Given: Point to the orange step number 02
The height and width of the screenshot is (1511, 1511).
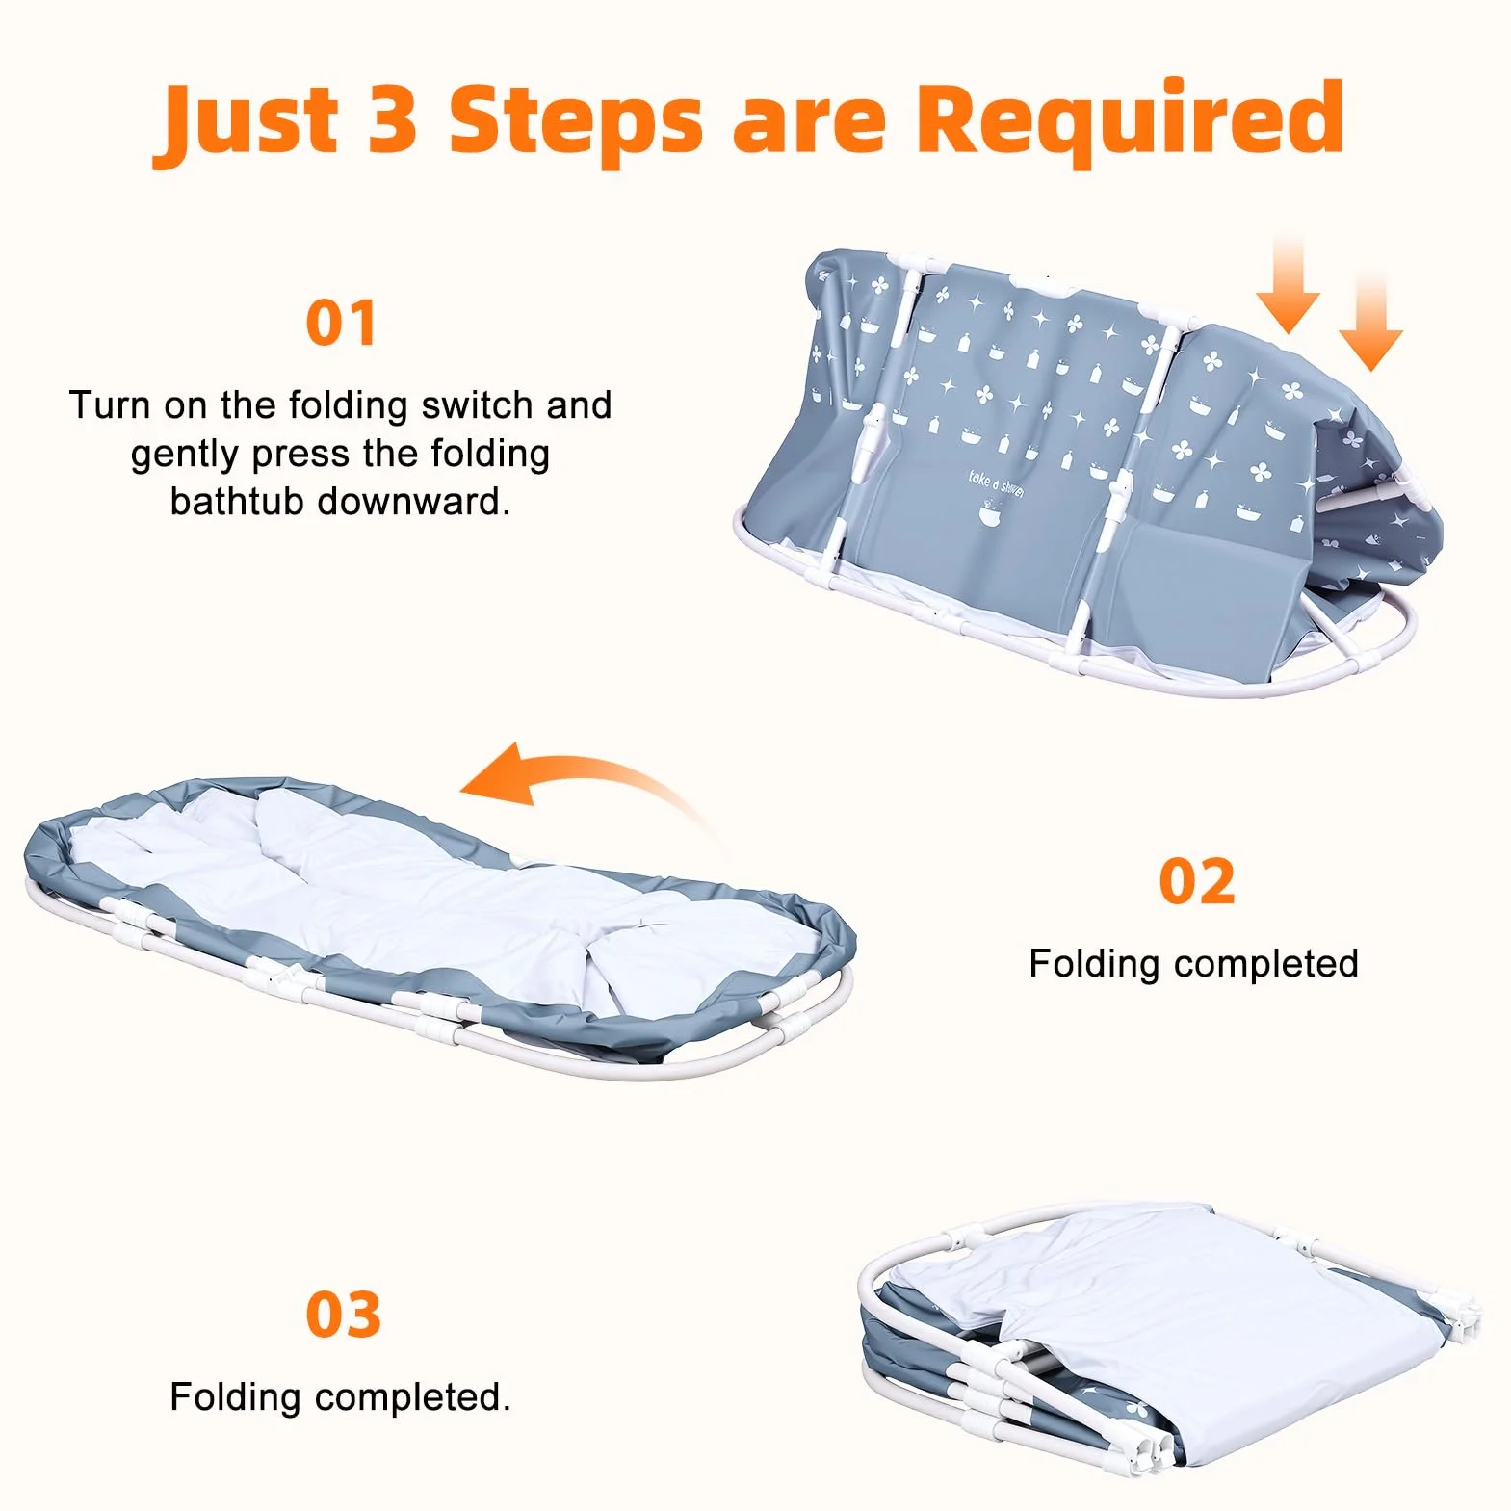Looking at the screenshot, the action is tap(1196, 881).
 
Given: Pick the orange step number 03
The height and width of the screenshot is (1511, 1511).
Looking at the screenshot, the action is tap(343, 1315).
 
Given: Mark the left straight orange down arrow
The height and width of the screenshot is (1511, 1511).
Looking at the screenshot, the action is tap(1288, 286).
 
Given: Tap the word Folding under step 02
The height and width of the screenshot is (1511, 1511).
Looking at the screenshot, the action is tap(1094, 964).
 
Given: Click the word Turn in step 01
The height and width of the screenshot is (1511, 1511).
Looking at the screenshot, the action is tap(110, 405).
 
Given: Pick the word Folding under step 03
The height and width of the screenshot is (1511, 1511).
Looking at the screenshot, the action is tap(235, 1397).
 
